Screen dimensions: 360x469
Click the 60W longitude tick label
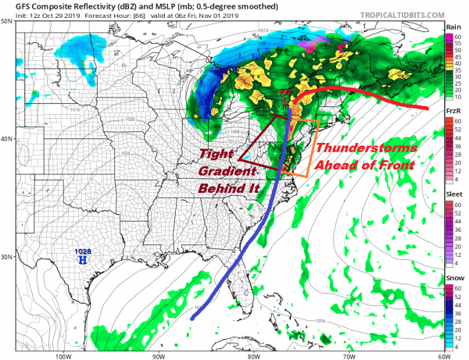click(443, 354)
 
